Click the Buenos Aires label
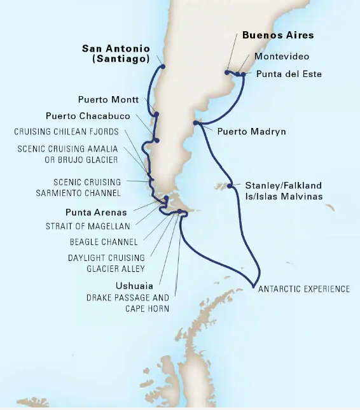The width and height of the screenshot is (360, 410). point(278,35)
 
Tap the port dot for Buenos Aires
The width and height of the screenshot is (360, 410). point(227,72)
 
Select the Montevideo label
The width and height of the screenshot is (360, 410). point(282,56)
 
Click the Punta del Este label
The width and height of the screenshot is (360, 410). point(289,74)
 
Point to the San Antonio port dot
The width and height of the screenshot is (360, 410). point(163,66)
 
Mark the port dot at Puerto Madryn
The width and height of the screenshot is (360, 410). point(195,123)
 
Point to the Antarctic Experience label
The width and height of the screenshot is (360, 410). point(304,288)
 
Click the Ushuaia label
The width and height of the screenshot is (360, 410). point(134,286)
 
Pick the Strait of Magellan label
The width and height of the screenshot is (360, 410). point(88,226)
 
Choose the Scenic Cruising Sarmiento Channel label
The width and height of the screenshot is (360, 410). point(87,186)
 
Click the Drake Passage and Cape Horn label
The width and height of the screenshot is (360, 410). point(128,303)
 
